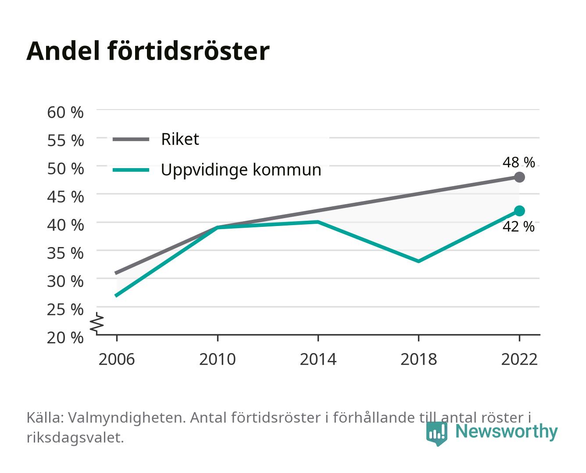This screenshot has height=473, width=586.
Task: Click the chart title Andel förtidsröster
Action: tap(148, 51)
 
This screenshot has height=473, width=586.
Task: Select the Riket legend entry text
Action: tap(180, 139)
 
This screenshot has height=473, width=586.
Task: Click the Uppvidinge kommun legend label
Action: tap(241, 170)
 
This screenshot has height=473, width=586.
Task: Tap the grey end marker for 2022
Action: tap(519, 177)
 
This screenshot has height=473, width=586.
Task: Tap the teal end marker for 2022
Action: tap(519, 211)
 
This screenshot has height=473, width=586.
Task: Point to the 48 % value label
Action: tap(518, 162)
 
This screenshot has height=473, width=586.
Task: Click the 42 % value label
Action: tap(518, 227)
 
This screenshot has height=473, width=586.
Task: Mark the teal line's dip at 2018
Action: tap(418, 261)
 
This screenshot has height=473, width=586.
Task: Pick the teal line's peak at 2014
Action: tap(318, 222)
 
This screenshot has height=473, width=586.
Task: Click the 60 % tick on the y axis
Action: tap(65, 113)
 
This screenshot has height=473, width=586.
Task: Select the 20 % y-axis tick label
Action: tap(65, 338)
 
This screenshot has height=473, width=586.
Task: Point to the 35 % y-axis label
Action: tap(65, 253)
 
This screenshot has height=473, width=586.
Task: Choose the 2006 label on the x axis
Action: tap(117, 359)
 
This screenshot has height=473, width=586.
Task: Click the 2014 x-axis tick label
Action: tap(318, 359)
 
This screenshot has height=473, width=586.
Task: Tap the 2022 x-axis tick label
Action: tap(519, 359)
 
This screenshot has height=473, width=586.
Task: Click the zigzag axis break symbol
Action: tap(97, 323)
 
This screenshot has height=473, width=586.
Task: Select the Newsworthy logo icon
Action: tap(436, 434)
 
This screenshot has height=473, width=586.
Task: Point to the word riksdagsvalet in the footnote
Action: tap(75, 438)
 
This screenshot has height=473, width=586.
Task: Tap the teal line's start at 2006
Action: tap(117, 296)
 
